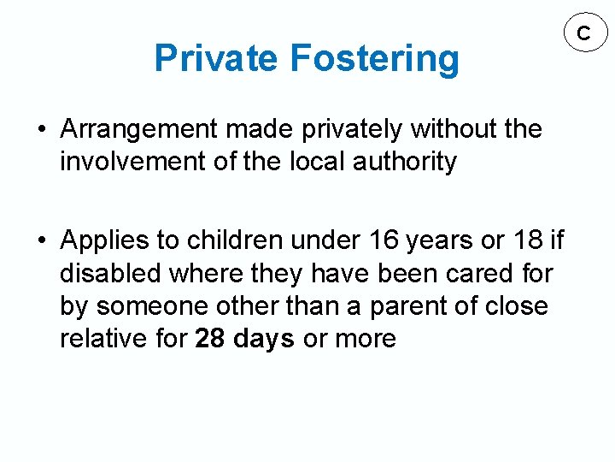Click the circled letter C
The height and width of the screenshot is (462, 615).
pos(583,33)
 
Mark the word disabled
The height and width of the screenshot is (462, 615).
pos(111,274)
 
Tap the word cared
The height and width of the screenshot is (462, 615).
pos(475,274)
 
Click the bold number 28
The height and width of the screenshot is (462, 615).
pos(209,339)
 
